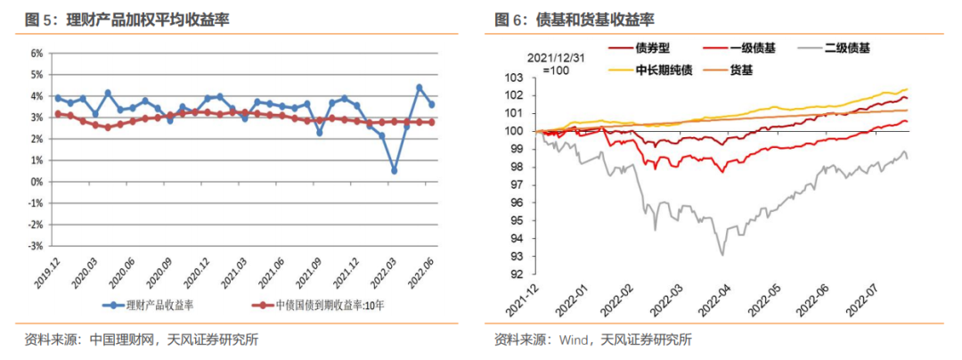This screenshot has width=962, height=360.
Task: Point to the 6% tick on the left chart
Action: coord(37,53)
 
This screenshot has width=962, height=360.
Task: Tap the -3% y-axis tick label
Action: coord(37,246)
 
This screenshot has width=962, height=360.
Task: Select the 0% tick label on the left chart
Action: coord(37,182)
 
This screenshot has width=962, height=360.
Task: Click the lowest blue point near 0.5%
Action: coord(395,171)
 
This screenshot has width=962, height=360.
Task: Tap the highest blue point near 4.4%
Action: coord(420,87)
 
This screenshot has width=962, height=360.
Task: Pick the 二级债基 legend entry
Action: coord(846,50)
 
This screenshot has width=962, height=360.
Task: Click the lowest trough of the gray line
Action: coord(721,256)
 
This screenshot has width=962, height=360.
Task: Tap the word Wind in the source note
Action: coord(577,340)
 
